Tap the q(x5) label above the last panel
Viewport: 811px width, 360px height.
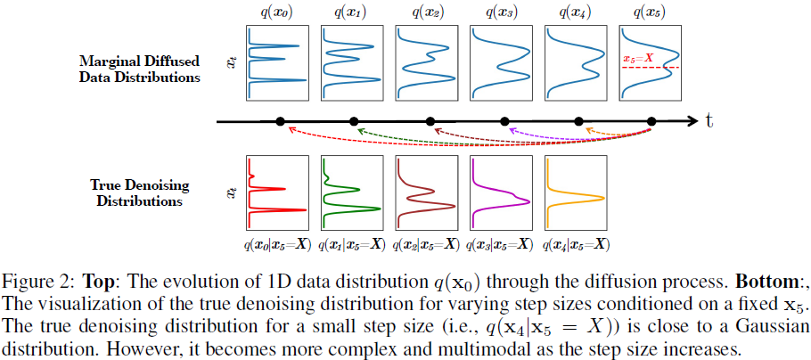coord(651,12)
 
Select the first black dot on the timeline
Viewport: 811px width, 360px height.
coord(280,121)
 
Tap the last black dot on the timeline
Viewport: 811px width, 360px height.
coord(651,121)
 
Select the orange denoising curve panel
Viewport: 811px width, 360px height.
coord(576,193)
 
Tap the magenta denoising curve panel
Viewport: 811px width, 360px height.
coord(501,193)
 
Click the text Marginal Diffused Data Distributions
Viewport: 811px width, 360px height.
coord(139,69)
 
